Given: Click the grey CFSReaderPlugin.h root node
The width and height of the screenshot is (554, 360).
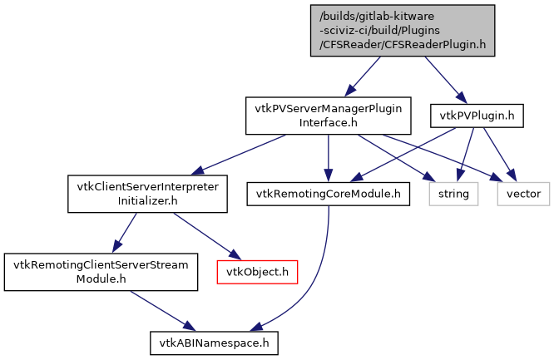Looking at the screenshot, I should [403, 30].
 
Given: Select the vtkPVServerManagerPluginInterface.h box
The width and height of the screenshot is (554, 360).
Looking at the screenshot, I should [328, 116].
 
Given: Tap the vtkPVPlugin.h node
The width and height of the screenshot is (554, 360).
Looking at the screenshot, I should [477, 116].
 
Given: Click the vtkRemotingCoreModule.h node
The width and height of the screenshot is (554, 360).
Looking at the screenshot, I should [328, 194].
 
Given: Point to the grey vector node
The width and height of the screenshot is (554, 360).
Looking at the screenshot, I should [523, 194].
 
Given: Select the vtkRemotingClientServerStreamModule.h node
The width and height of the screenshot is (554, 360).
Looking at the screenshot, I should [101, 272].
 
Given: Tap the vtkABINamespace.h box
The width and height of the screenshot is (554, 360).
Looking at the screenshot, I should [214, 342].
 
